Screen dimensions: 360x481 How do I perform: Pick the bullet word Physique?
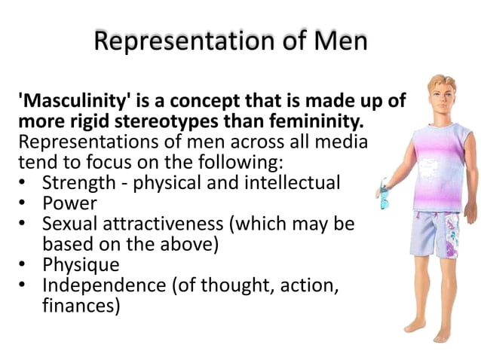click(81, 265)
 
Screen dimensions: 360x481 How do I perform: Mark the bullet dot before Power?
click(25, 204)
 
